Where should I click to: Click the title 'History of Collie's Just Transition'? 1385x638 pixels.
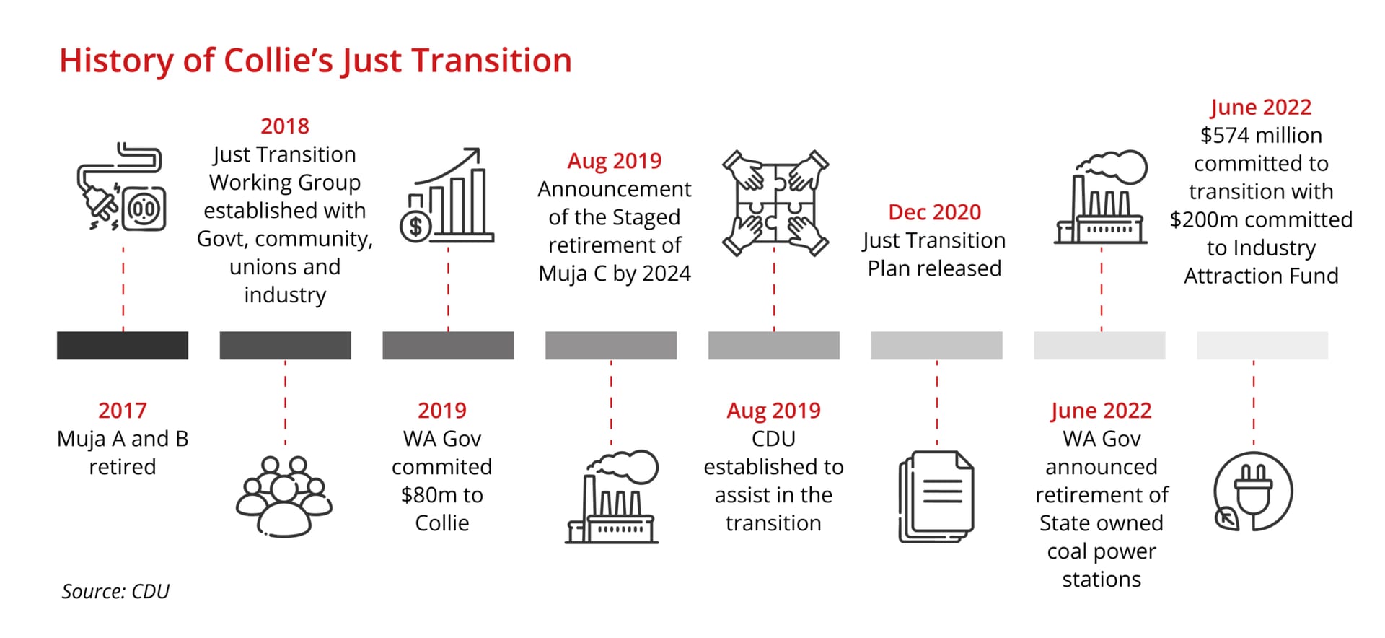(315, 61)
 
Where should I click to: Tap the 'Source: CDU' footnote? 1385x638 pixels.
(115, 592)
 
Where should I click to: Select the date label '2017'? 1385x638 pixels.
(123, 411)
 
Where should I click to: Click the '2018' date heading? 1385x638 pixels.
(285, 126)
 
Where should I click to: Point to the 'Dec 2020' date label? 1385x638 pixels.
(935, 212)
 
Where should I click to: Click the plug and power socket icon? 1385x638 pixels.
(122, 187)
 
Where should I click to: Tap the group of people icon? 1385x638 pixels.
(284, 496)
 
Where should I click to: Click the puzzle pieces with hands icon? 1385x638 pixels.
(775, 203)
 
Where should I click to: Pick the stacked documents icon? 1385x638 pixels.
(936, 497)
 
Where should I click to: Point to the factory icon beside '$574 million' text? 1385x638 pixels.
(1101, 197)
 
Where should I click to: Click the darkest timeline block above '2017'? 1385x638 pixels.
(123, 346)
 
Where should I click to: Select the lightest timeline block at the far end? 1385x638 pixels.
(1262, 346)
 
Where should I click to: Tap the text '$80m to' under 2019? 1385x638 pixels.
(442, 495)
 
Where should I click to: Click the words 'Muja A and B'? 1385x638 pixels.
(123, 439)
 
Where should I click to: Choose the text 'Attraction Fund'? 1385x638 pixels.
(1261, 276)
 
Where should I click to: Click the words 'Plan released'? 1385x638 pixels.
(934, 268)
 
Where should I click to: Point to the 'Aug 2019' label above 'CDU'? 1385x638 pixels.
(774, 411)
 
